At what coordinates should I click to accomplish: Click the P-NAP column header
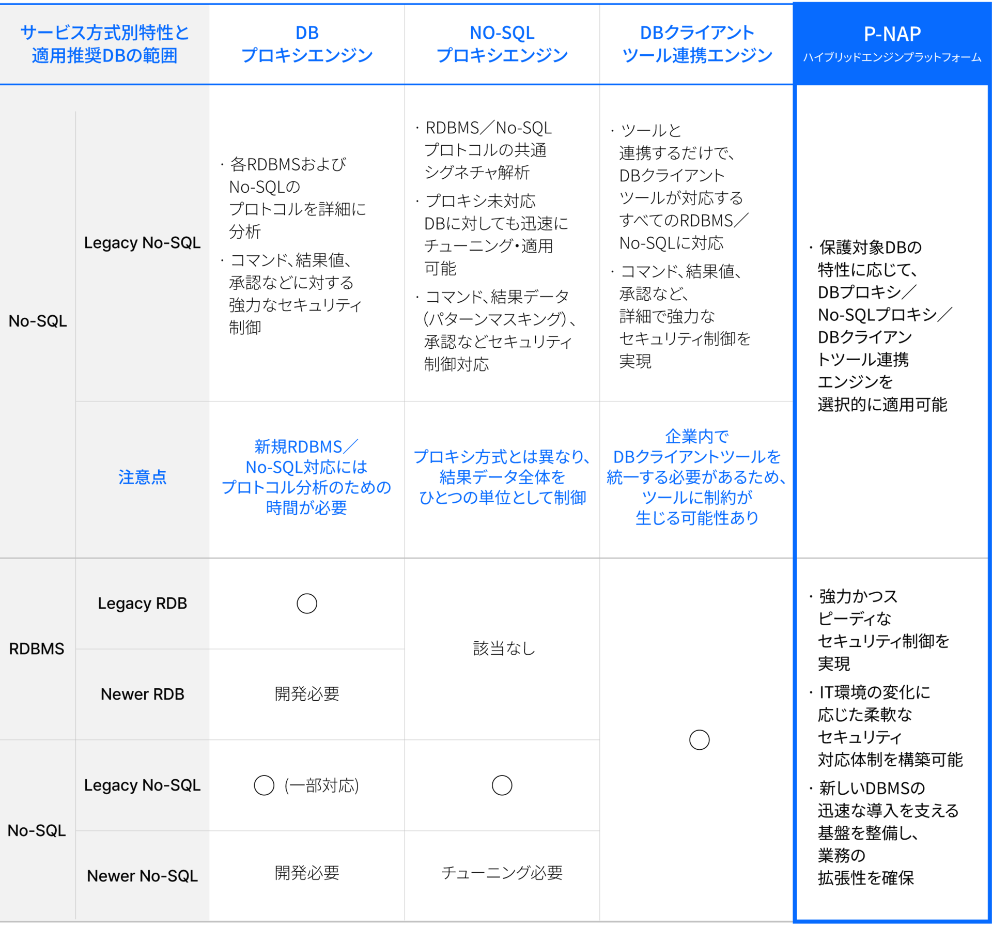[x=892, y=34]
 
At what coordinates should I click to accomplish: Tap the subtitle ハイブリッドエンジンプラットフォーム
[x=892, y=57]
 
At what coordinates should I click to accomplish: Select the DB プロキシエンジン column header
[x=307, y=44]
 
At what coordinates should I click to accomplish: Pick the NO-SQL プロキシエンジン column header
[x=502, y=44]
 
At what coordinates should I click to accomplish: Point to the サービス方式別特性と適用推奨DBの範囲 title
[x=104, y=44]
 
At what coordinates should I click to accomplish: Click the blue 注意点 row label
[x=143, y=477]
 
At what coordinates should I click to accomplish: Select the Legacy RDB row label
[x=143, y=603]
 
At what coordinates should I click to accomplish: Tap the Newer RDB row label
[x=143, y=694]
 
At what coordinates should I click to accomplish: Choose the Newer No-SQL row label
[x=143, y=876]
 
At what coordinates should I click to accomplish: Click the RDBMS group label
[x=37, y=648]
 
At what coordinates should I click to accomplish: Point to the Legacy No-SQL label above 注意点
[x=143, y=243]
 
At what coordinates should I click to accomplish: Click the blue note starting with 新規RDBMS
[x=306, y=477]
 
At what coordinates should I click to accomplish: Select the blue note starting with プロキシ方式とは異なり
[x=502, y=477]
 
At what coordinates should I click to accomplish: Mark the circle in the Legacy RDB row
[x=307, y=603]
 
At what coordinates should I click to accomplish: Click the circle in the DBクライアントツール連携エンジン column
[x=700, y=740]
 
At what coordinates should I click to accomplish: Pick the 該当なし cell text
[x=503, y=648]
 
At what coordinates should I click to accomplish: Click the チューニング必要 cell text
[x=502, y=873]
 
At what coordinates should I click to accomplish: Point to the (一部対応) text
[x=321, y=785]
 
